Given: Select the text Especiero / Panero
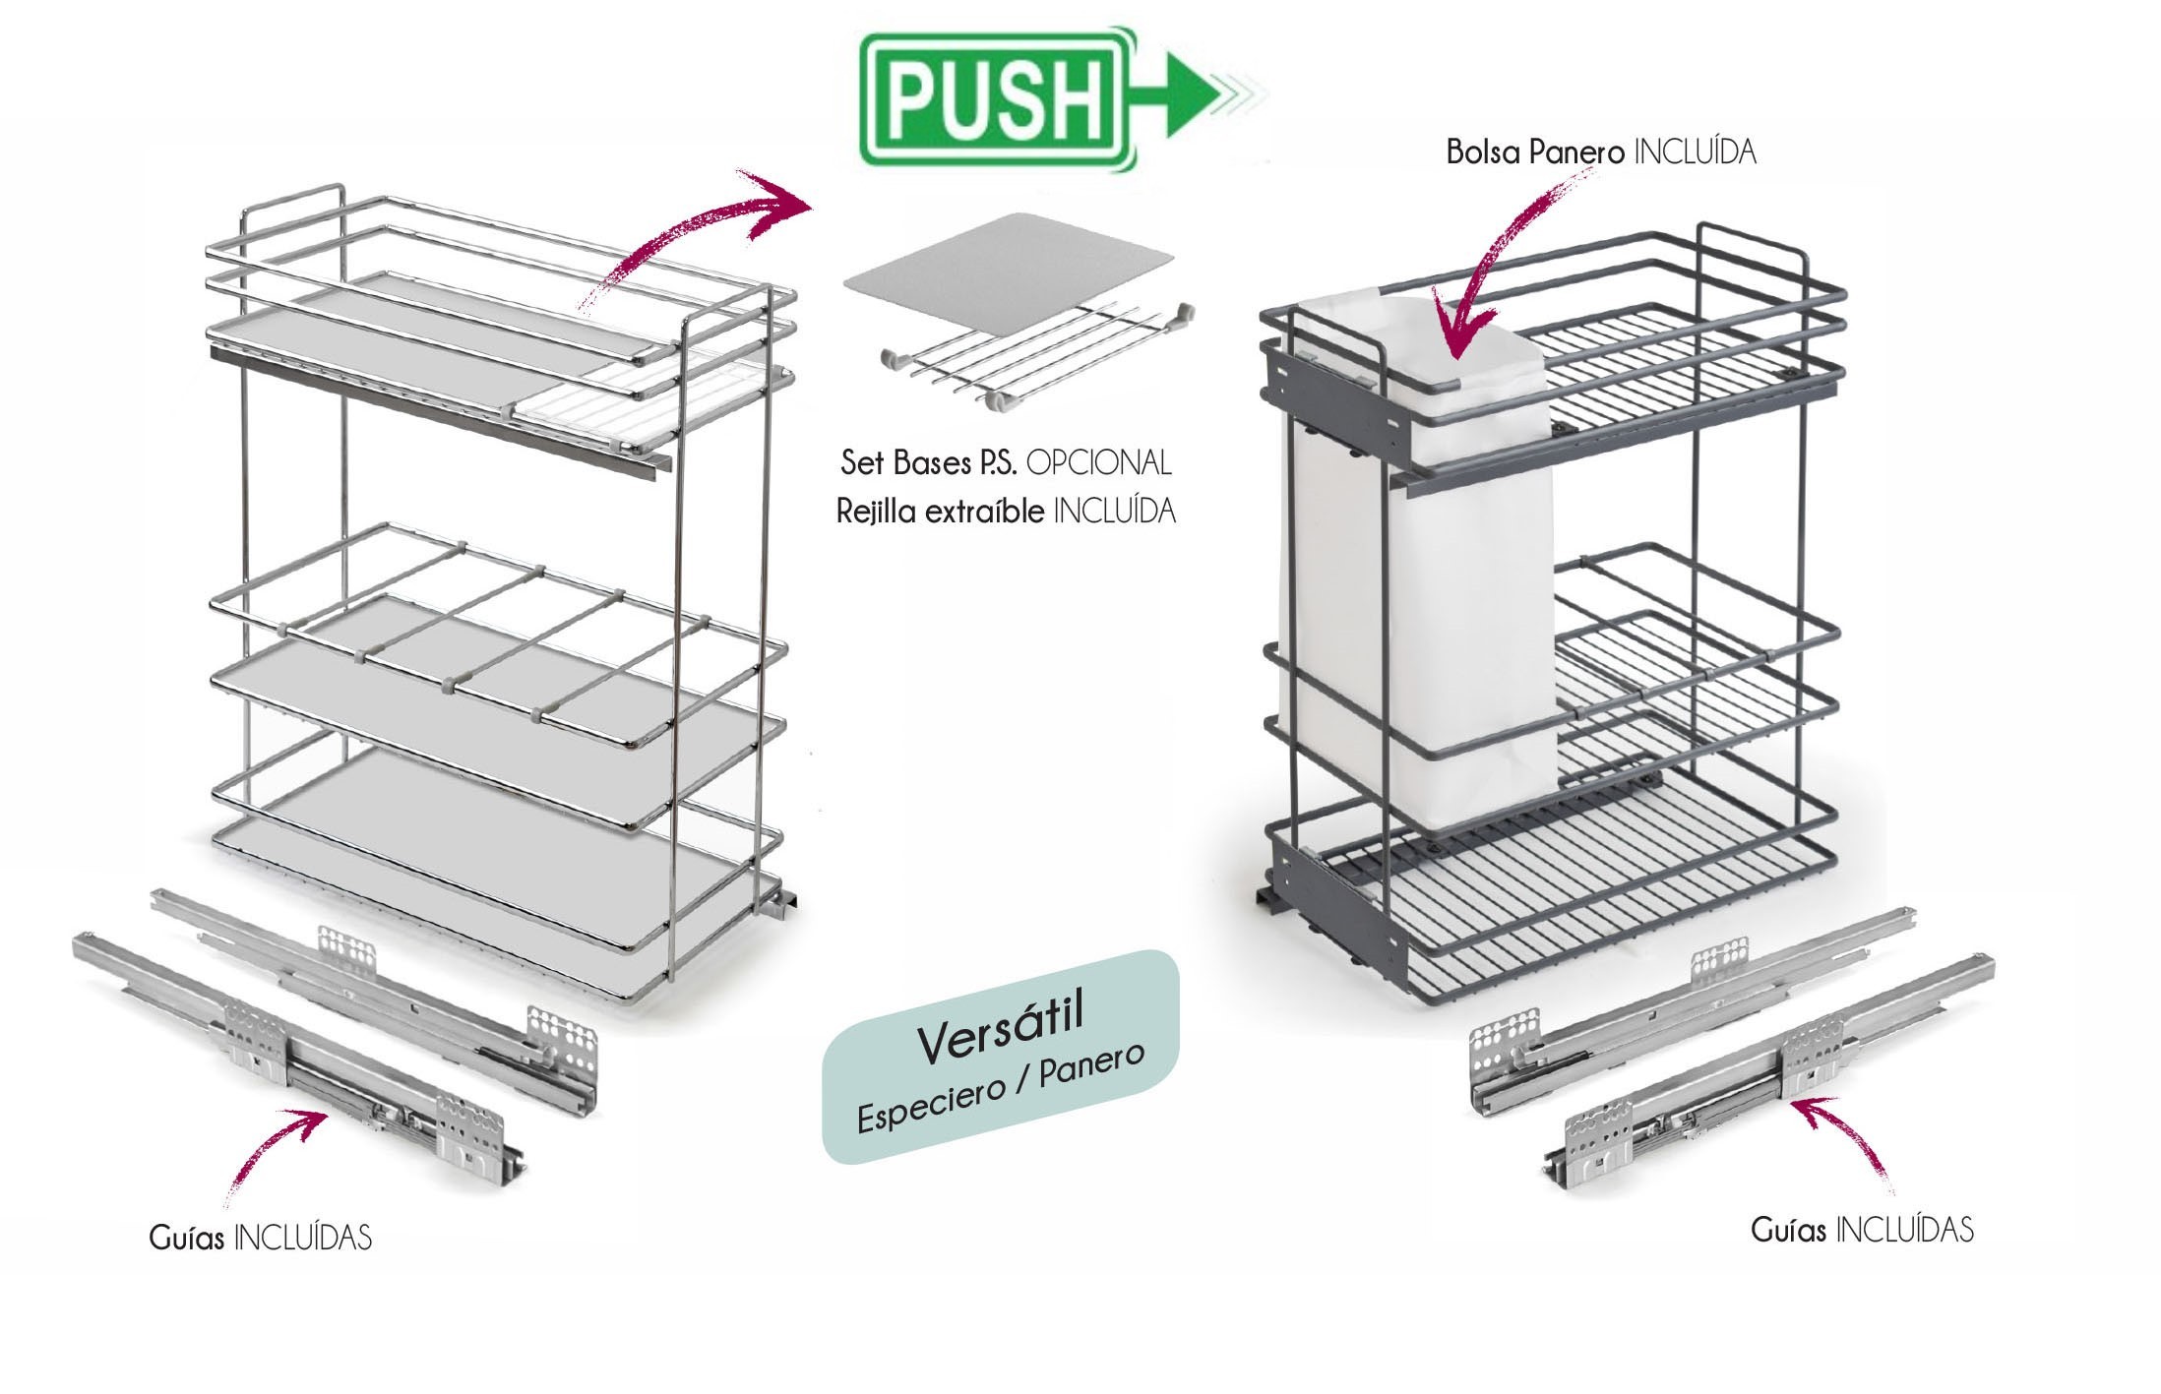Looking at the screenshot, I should click(1001, 1087).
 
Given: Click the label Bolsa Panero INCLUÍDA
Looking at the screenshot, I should click(1600, 152).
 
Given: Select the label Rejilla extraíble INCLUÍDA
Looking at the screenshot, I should click(1005, 512).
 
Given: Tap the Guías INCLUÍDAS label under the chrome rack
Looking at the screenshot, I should click(261, 1237).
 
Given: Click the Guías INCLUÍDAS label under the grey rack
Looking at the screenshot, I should click(1862, 1230).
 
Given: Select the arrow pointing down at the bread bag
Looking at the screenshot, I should click(1496, 266).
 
